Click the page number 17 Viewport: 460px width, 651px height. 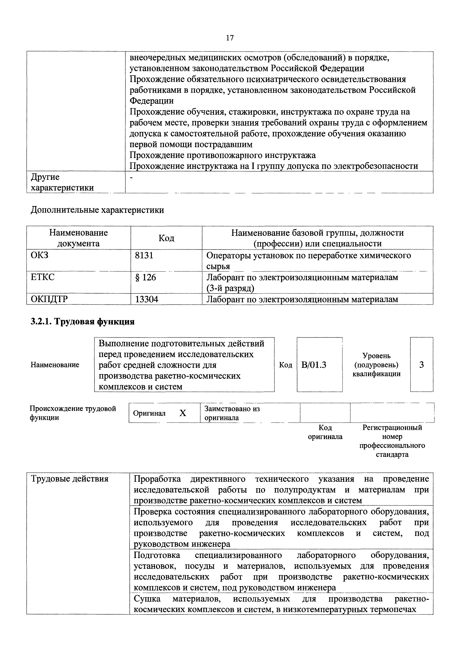point(230,38)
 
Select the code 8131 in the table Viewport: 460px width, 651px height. point(144,256)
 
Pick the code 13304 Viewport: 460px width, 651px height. point(147,299)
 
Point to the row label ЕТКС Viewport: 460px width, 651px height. point(42,277)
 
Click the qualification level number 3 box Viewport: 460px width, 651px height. point(421,365)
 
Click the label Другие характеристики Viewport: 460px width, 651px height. point(62,182)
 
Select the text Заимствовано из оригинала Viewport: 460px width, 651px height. point(232,413)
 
